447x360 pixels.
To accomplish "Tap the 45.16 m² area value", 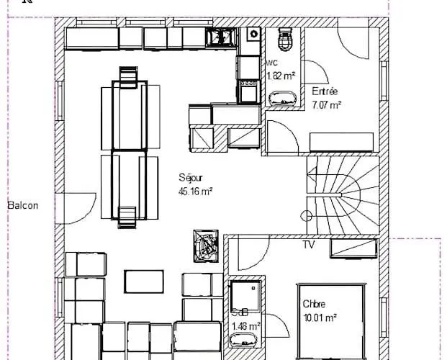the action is [196, 192].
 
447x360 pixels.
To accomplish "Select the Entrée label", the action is [325, 91].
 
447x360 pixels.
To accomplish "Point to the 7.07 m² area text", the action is [327, 105].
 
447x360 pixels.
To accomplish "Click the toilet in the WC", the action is [285, 39].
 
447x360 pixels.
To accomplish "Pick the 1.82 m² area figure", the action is [281, 76].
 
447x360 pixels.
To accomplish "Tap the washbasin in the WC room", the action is [282, 99].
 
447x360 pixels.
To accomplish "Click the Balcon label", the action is [23, 205].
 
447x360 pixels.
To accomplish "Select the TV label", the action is [309, 245].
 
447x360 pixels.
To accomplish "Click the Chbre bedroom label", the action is [314, 304].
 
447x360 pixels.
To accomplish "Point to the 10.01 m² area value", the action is [320, 318].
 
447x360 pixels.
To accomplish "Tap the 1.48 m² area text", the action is [245, 326].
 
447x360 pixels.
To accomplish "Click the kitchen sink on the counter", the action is [221, 37].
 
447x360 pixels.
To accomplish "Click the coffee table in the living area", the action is [144, 282].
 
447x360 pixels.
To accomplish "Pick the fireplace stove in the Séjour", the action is [206, 246].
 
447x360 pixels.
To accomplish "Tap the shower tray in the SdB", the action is [245, 296].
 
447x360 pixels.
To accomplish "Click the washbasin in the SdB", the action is [243, 340].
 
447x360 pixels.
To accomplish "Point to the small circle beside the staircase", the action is [307, 216].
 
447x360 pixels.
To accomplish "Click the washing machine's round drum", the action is [253, 34].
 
